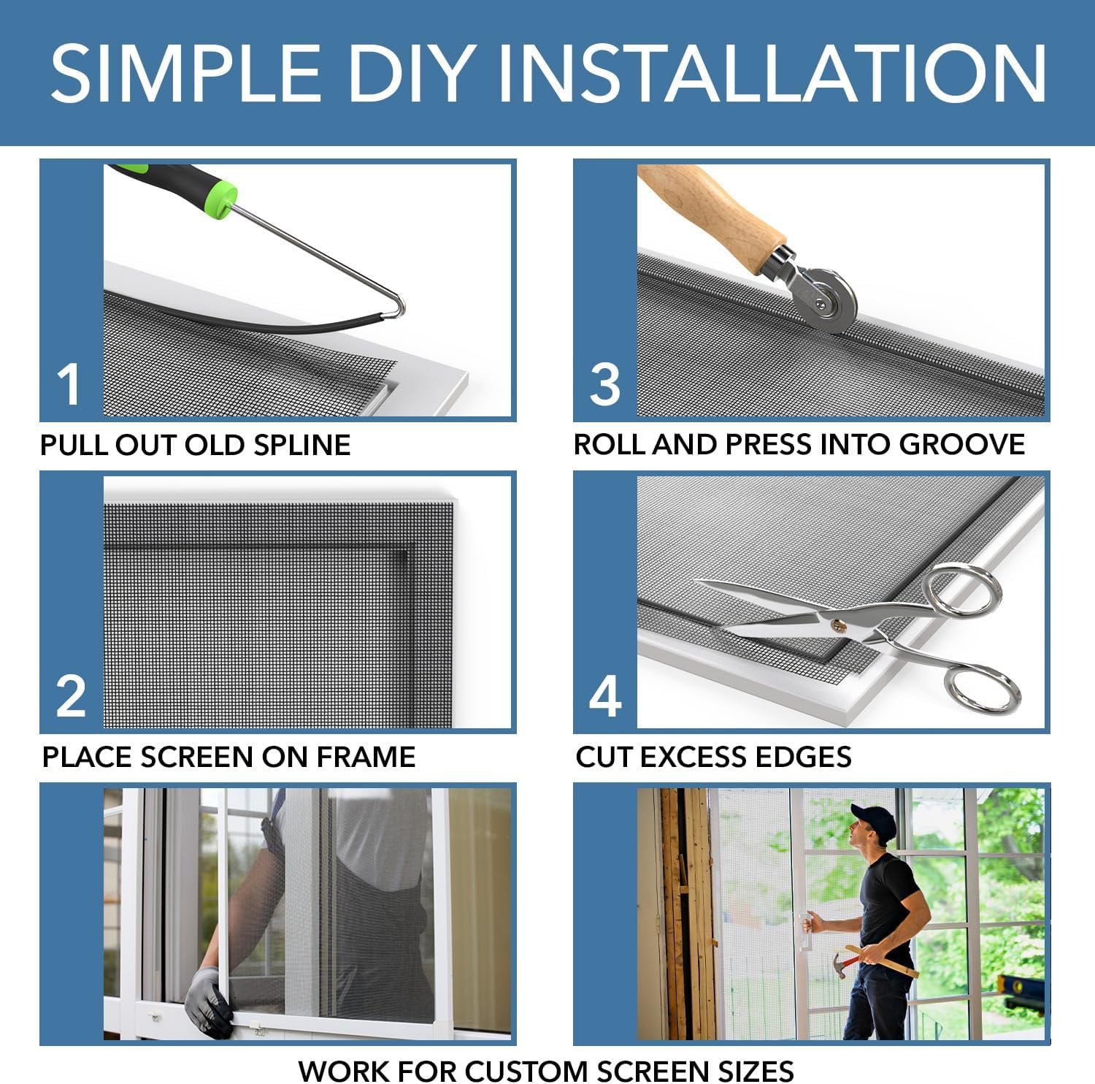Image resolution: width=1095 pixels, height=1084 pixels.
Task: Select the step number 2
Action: point(71,696)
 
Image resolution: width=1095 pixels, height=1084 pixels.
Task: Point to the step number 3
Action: point(604,384)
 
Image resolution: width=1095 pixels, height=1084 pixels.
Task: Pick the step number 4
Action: point(605,696)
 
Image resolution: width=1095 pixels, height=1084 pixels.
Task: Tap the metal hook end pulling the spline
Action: point(394,308)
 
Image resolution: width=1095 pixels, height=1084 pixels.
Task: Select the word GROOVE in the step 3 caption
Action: point(962,445)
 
